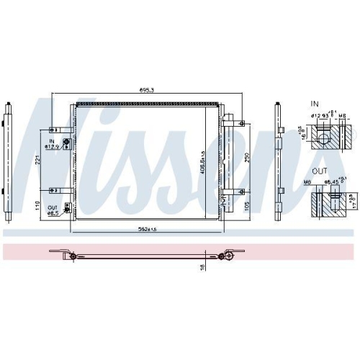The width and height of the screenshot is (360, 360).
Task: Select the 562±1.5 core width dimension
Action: tap(148, 229)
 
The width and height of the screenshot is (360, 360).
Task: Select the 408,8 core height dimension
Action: tap(204, 162)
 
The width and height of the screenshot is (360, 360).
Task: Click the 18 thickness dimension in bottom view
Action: tap(203, 267)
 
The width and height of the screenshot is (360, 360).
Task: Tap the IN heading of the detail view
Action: tap(315, 104)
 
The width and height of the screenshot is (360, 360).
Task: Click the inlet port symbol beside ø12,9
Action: tap(66, 143)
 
